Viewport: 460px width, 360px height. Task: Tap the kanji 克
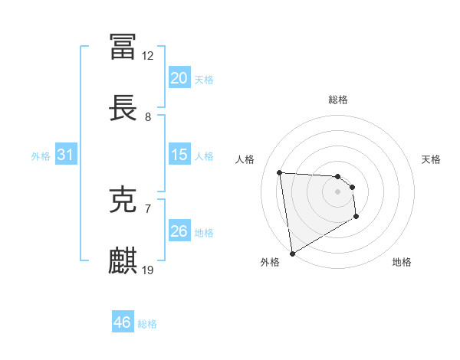[x=123, y=200]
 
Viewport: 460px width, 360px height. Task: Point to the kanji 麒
[x=123, y=261]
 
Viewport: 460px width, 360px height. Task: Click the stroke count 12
[x=148, y=56]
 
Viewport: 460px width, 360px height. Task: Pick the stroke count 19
[x=148, y=270]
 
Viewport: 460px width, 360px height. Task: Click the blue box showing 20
[x=179, y=78]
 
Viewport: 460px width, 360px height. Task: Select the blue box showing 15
[x=179, y=155]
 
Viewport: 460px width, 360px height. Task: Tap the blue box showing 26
[x=179, y=231]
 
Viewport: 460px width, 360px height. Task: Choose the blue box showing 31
[x=66, y=155]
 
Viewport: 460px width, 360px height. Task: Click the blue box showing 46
[x=123, y=322]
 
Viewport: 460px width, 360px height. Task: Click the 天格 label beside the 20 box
[x=204, y=79]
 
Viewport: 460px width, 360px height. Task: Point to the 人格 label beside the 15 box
[x=204, y=155]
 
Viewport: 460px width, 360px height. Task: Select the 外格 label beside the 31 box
[x=41, y=155]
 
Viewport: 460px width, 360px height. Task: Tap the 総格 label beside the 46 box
[x=147, y=324]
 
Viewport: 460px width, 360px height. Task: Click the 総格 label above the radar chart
[x=338, y=100]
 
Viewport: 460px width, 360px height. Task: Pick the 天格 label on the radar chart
[x=431, y=159]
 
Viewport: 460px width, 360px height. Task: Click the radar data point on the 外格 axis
[x=291, y=253]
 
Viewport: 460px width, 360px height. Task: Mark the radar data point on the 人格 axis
[x=280, y=172]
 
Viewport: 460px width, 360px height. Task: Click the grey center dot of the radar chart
[x=337, y=192]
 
